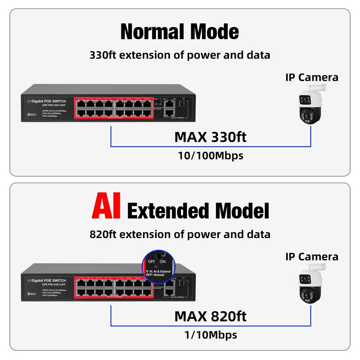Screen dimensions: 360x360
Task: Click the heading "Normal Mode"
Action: pyautogui.click(x=180, y=31)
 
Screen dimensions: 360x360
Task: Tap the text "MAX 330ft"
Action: pyautogui.click(x=210, y=136)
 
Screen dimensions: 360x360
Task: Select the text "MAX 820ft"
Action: pyautogui.click(x=210, y=315)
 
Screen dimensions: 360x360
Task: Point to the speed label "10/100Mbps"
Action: pyautogui.click(x=210, y=155)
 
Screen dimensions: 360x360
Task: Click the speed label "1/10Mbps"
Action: pyautogui.click(x=210, y=335)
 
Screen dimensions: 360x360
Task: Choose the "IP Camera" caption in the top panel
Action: pyautogui.click(x=312, y=77)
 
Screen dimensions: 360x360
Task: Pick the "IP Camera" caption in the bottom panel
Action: pyautogui.click(x=312, y=256)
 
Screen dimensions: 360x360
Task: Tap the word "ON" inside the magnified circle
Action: pyautogui.click(x=163, y=261)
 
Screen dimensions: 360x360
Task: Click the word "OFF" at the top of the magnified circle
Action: pyautogui.click(x=152, y=261)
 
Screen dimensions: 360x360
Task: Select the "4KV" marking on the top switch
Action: pyautogui.click(x=32, y=115)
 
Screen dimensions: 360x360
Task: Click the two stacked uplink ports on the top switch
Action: pyautogui.click(x=169, y=108)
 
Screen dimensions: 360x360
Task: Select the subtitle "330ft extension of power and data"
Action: pyautogui.click(x=180, y=55)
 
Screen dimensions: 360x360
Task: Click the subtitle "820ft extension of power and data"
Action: pyautogui.click(x=180, y=234)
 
